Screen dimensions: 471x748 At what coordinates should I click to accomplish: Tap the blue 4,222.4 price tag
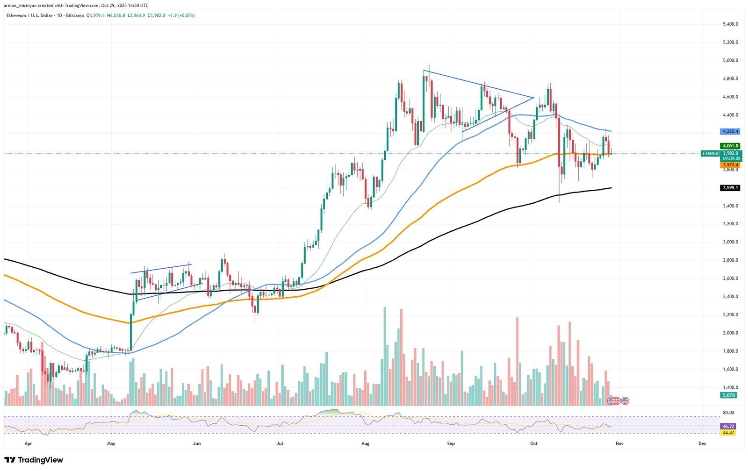[730, 131]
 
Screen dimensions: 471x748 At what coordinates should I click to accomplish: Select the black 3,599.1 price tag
[730, 188]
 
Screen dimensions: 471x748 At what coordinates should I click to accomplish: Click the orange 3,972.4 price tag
[730, 165]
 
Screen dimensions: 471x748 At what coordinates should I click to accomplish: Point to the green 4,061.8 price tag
[730, 146]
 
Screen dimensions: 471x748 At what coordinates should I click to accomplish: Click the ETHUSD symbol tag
[710, 153]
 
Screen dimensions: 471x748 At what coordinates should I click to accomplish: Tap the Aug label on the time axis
[366, 443]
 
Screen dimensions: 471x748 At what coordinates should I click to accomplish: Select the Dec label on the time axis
[702, 443]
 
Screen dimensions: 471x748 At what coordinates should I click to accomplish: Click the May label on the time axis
[111, 443]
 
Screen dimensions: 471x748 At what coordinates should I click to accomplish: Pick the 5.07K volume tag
[729, 395]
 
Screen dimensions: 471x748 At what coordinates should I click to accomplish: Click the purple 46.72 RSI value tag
[728, 426]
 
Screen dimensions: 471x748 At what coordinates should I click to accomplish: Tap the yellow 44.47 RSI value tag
[728, 433]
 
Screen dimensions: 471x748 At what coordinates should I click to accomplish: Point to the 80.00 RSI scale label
[728, 413]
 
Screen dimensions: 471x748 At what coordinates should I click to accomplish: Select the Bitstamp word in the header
[75, 15]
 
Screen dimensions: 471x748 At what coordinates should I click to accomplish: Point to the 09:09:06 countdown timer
[730, 158]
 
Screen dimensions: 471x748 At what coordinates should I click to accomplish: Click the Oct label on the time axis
[534, 443]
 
